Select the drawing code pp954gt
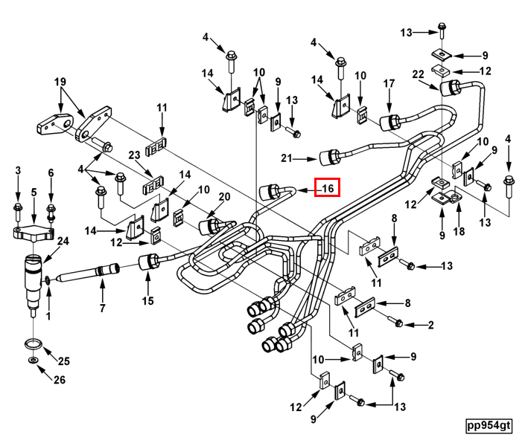pyautogui.click(x=489, y=426)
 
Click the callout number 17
pyautogui.click(x=388, y=85)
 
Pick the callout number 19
pyautogui.click(x=60, y=82)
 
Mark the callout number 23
pyautogui.click(x=134, y=155)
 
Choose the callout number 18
pyautogui.click(x=459, y=233)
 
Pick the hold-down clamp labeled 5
pyautogui.click(x=34, y=233)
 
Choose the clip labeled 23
pyautogui.click(x=153, y=181)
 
